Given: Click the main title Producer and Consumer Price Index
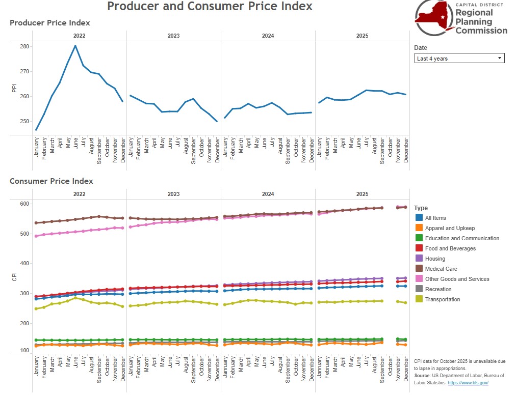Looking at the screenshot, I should pyautogui.click(x=210, y=7).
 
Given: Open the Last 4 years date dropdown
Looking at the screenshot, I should pyautogui.click(x=459, y=59).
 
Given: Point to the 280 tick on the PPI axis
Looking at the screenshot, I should pyautogui.click(x=24, y=46).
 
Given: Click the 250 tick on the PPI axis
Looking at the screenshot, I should pyautogui.click(x=24, y=121).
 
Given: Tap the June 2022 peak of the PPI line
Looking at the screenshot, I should pyautogui.click(x=75, y=46).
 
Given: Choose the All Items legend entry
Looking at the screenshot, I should pyautogui.click(x=435, y=218).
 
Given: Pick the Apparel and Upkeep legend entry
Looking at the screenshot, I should pyautogui.click(x=450, y=228).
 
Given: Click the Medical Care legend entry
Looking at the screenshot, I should pyautogui.click(x=441, y=269).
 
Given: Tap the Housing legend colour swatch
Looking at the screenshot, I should pyautogui.click(x=419, y=259).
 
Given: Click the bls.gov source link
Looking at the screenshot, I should pyautogui.click(x=468, y=382).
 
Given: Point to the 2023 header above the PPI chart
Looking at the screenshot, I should pyautogui.click(x=173, y=36).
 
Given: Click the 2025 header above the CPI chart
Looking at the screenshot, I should pyautogui.click(x=362, y=194).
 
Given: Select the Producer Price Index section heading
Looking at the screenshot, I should pyautogui.click(x=50, y=23).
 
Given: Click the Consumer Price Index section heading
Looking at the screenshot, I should pyautogui.click(x=51, y=181).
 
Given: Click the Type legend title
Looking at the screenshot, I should pyautogui.click(x=421, y=208).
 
